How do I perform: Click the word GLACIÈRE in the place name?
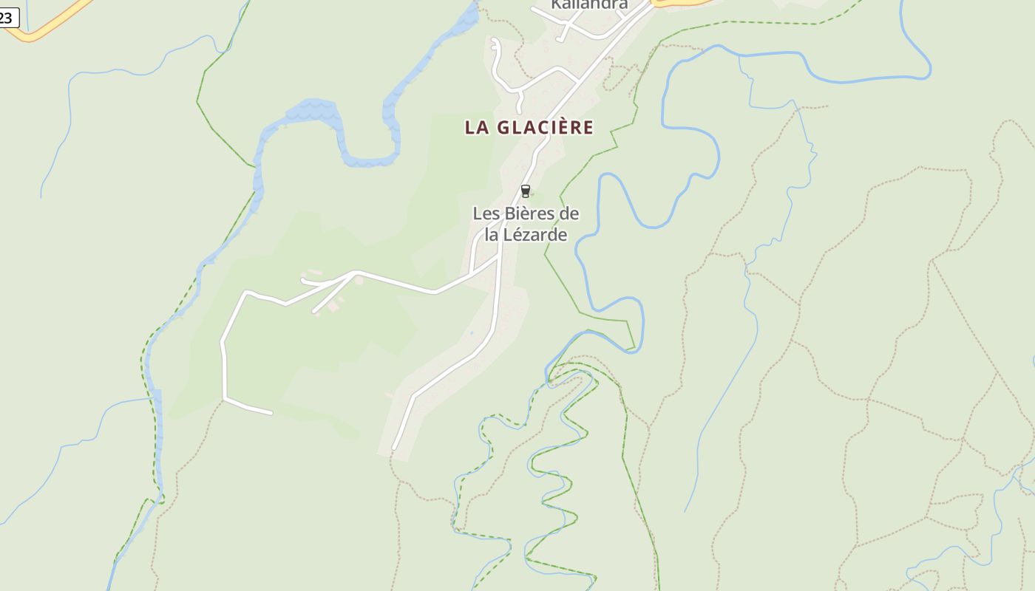545,127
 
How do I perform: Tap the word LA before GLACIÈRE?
478,127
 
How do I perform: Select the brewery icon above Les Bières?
526,191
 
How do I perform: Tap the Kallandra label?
589,4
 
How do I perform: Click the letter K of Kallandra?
556,4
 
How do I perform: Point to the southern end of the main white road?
395,448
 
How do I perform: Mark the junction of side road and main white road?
498,258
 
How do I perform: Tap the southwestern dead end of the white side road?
271,413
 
